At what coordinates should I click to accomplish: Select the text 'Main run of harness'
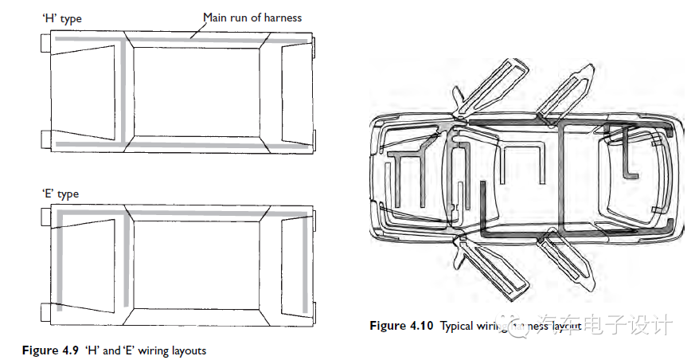pos(252,17)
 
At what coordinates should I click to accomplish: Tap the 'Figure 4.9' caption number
pos(50,350)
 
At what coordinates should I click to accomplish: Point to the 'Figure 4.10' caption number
pos(401,326)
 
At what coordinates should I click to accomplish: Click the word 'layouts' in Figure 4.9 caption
pos(188,350)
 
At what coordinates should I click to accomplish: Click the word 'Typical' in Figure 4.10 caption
pos(457,326)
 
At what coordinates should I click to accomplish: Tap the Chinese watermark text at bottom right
pos(610,325)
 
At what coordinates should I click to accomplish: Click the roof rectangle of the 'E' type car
pos(203,268)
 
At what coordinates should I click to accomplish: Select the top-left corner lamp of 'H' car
pos(46,45)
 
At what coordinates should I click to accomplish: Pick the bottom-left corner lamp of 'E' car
pos(46,311)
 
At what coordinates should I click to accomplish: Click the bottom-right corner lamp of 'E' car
pos(315,311)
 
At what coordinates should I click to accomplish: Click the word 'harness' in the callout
pos(283,17)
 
